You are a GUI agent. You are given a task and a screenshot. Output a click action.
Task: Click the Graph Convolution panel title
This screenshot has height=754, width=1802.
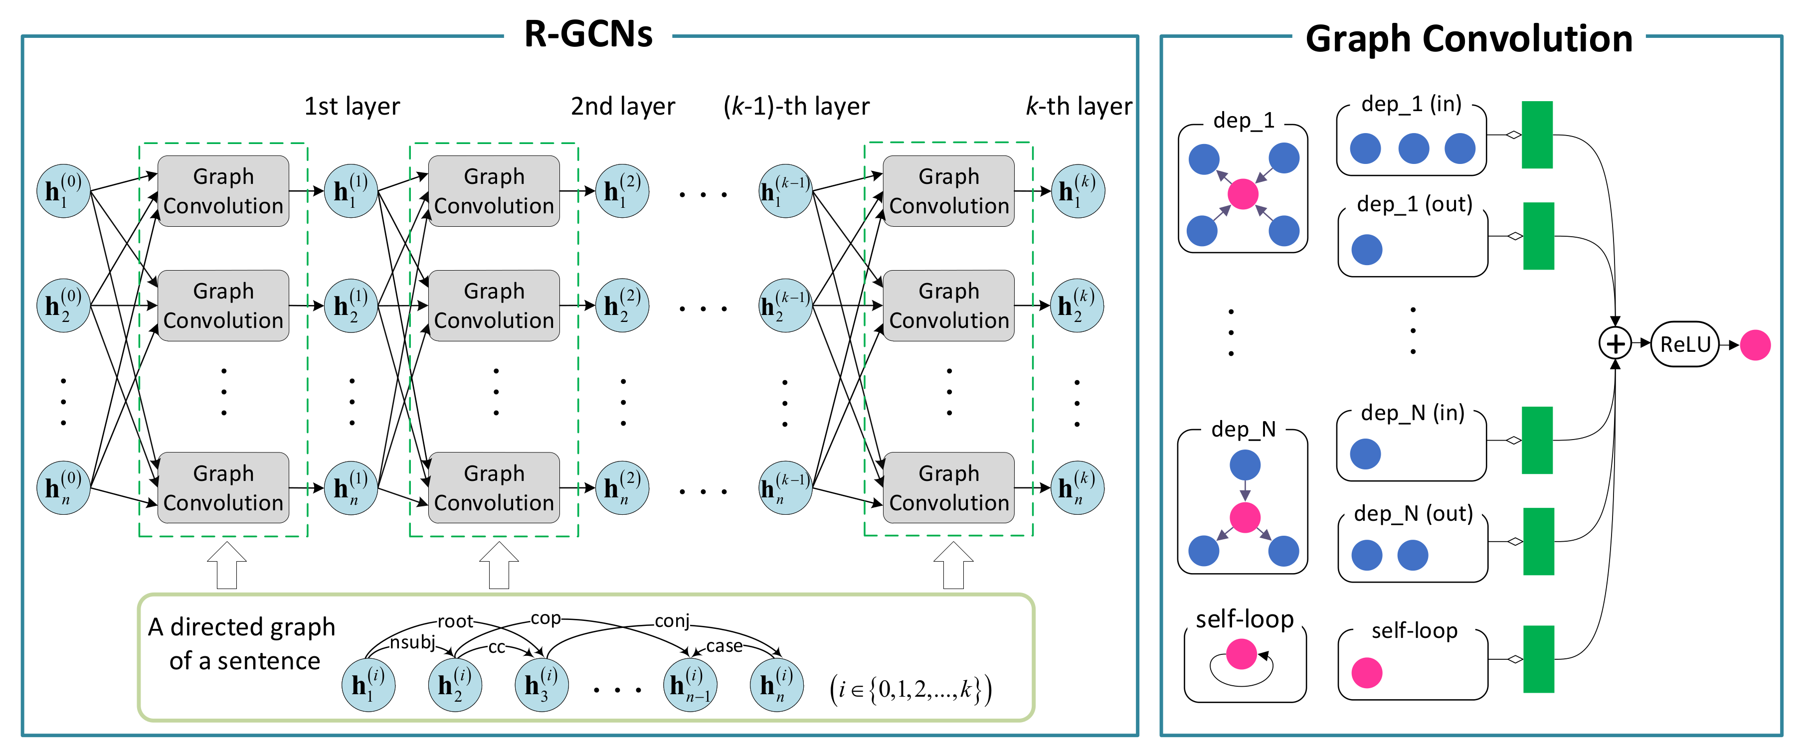(1468, 38)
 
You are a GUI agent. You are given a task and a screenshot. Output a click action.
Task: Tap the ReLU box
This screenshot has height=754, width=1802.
(1684, 344)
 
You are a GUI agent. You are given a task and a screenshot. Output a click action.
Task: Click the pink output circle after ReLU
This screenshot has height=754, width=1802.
(1755, 345)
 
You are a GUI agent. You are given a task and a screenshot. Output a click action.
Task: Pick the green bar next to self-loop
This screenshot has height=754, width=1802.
(1538, 659)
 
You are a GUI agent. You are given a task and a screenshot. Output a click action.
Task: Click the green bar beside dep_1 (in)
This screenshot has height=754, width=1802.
(1537, 135)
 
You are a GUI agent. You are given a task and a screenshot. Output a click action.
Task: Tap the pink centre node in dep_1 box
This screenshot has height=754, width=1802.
(1243, 194)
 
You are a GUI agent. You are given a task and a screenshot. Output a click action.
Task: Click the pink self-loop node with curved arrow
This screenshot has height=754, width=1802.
(1242, 654)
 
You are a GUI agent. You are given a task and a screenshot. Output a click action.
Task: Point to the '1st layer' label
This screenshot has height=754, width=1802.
(352, 106)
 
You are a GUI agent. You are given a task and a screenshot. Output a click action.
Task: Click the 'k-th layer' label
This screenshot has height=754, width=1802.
(1078, 106)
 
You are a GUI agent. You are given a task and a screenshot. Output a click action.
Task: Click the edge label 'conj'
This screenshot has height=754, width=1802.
(672, 621)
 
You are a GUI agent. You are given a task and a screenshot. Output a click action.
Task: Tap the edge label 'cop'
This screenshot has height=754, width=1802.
(545, 618)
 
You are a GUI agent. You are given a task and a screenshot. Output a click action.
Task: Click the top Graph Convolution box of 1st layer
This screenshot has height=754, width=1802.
(223, 191)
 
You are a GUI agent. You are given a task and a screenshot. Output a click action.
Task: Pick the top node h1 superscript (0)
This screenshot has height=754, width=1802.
(63, 191)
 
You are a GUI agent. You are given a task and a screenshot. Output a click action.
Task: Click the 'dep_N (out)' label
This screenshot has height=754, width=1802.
(1413, 513)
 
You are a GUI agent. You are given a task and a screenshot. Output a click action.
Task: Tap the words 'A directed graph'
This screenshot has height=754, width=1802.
(241, 627)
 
